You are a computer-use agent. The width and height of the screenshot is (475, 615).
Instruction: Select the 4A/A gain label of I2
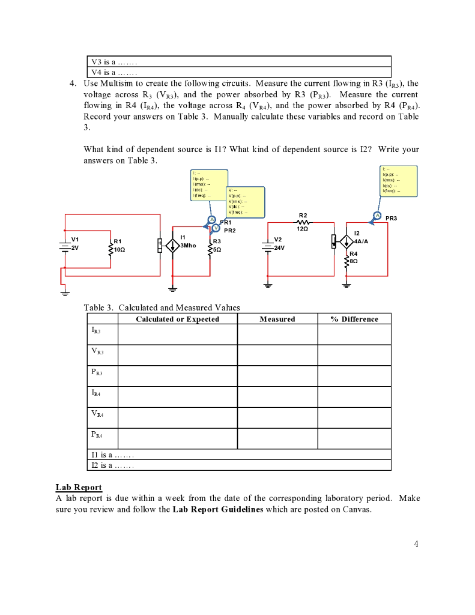(363, 241)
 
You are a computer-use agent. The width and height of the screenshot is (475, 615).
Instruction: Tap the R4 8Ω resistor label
(354, 258)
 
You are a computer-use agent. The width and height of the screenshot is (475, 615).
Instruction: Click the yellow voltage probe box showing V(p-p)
(245, 202)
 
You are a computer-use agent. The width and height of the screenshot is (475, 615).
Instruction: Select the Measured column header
(277, 319)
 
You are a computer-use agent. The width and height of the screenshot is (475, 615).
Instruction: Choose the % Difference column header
(354, 319)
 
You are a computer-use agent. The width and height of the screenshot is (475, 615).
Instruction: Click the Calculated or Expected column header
(177, 319)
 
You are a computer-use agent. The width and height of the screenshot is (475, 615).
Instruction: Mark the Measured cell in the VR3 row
(277, 355)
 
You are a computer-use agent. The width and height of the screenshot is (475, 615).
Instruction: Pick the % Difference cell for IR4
(354, 396)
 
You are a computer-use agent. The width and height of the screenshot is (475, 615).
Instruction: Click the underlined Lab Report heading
(79, 487)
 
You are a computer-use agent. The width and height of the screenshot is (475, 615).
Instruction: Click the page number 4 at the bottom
(415, 544)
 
